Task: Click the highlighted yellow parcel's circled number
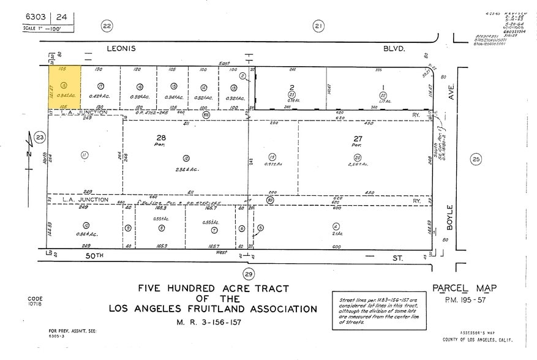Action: point(64,86)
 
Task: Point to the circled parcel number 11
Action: point(84,155)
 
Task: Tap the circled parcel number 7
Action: point(214,230)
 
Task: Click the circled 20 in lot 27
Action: point(357,157)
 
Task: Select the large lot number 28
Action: point(162,138)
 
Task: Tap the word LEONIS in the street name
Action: point(121,48)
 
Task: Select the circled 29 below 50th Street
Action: point(249,274)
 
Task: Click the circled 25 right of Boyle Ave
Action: point(476,160)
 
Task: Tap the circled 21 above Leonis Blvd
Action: point(318,26)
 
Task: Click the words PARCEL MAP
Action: point(464,288)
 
